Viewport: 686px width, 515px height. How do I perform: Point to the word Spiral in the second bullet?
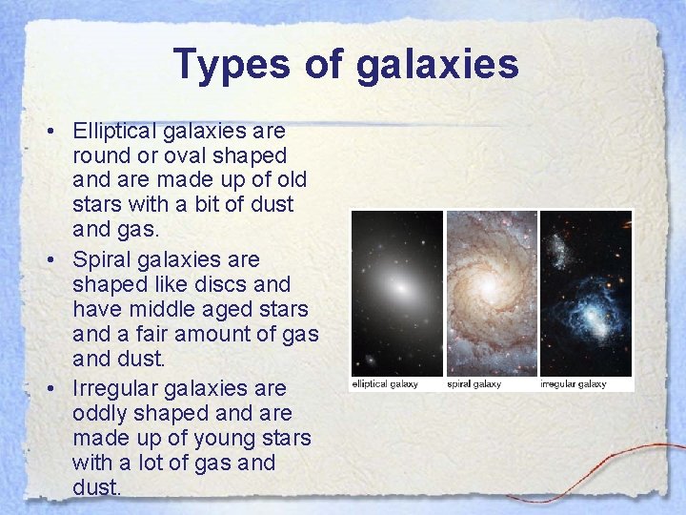pos(100,259)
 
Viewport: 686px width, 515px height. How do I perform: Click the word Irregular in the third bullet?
pos(114,389)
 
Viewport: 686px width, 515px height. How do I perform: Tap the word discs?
pos(226,284)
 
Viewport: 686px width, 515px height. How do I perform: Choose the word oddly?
pos(99,414)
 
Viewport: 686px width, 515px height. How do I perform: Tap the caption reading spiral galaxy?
pos(474,384)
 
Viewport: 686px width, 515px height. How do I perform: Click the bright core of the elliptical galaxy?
pos(400,286)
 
